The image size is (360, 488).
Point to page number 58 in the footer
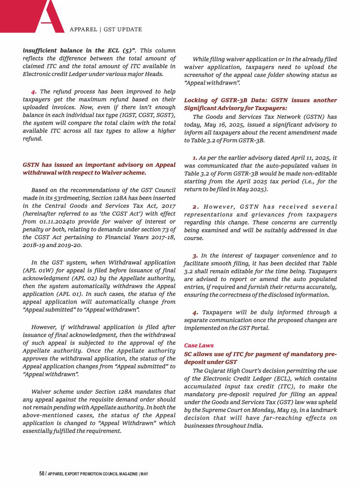coord(42,473)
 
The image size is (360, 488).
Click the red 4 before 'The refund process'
coord(33,92)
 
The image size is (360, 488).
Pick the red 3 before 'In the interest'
coord(195,255)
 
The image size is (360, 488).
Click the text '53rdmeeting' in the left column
coord(66,197)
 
